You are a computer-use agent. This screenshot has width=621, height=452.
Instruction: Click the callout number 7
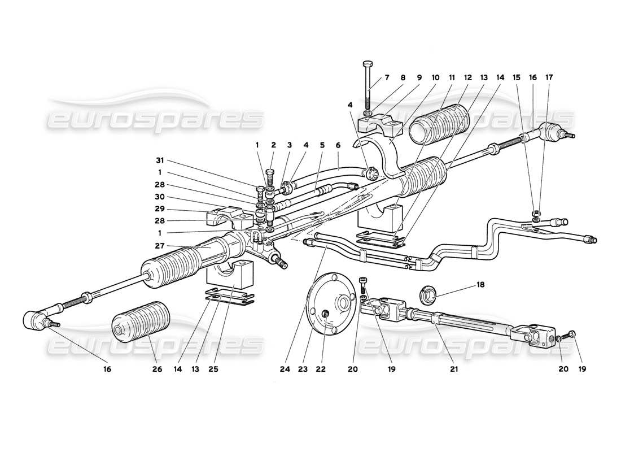tap(387, 78)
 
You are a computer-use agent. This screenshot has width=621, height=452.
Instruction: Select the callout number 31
tap(160, 160)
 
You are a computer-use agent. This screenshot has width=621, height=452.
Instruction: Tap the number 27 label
tap(160, 246)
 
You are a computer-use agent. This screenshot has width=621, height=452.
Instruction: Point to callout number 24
tap(285, 369)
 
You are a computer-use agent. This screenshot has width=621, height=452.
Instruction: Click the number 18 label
tap(480, 285)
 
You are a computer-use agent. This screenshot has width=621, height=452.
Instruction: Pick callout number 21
tap(454, 369)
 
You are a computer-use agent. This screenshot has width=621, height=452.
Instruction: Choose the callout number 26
tap(158, 369)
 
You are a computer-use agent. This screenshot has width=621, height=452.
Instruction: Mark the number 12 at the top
tap(468, 78)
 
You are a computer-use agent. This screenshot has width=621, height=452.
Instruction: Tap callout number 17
tap(549, 78)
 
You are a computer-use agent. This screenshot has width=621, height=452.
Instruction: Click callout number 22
tap(321, 369)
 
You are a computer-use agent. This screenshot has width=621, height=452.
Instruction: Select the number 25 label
tap(213, 369)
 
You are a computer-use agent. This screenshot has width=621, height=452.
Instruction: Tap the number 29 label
tap(160, 209)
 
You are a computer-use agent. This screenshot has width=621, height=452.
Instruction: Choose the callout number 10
tap(435, 78)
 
